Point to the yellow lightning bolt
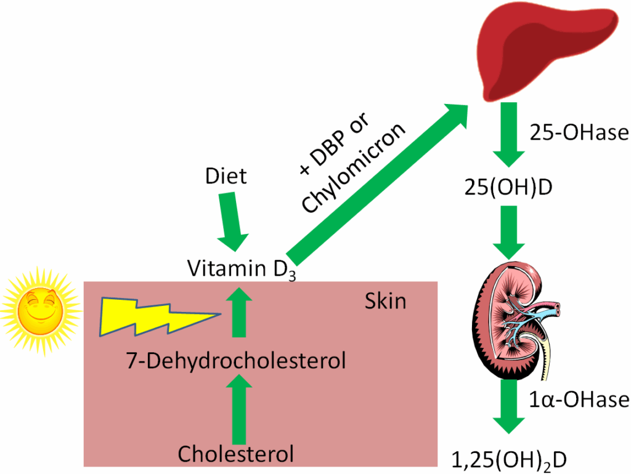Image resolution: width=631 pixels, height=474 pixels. pyautogui.click(x=148, y=316)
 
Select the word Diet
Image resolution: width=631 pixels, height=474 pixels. pyautogui.click(x=226, y=176)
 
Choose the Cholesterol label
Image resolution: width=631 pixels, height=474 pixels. pyautogui.click(x=235, y=454)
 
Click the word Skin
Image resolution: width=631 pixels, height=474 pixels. pyautogui.click(x=385, y=301)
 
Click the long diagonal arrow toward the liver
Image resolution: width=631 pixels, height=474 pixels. pyautogui.click(x=376, y=185)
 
